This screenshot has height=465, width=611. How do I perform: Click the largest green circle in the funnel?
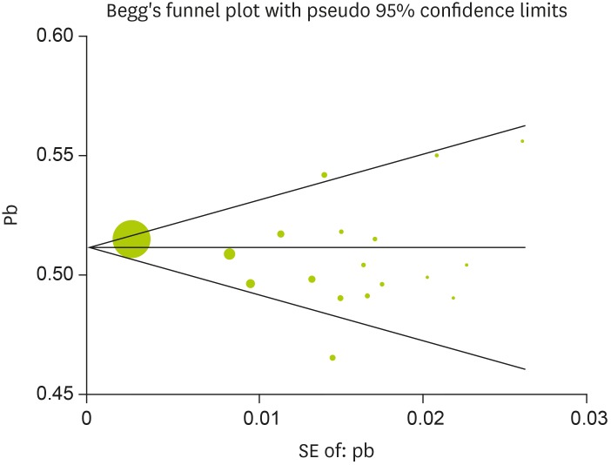[x=131, y=239]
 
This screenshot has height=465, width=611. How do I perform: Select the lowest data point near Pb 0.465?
[x=332, y=357]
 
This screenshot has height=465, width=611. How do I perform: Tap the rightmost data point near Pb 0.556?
[x=522, y=141]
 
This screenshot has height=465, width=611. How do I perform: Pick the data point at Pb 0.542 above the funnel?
[x=324, y=175]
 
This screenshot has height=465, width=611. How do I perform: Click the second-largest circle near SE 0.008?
[x=230, y=253]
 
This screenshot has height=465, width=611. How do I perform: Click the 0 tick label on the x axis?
[x=87, y=417]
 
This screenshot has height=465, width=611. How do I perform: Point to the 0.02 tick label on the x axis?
[x=423, y=417]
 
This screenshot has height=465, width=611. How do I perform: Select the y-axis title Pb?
[x=11, y=215]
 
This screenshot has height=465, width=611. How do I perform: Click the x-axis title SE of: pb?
[x=336, y=451]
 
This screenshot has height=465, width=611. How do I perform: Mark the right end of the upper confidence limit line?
[x=525, y=125]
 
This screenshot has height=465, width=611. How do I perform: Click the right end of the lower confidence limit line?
[x=525, y=369]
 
